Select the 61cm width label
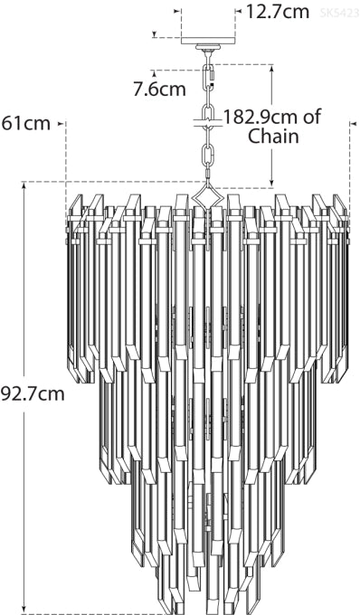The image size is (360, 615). pos(26,123)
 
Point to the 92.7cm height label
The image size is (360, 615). pos(33,393)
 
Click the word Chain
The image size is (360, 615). pos(273,137)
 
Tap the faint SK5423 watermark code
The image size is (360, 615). pos(339,13)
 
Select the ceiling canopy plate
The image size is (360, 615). pos(208,41)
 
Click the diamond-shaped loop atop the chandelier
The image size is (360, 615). pos(208,196)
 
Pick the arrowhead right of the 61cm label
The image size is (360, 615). pos(62,123)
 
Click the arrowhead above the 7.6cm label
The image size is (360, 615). pos(156,72)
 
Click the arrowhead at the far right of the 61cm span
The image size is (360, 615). pos(350,123)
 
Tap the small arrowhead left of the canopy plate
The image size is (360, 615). pos(156,36)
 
